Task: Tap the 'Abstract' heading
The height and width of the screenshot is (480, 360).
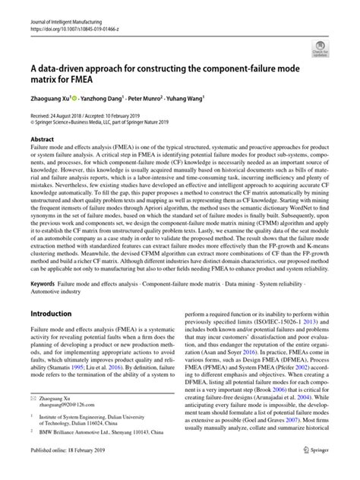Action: (x=42, y=141)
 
